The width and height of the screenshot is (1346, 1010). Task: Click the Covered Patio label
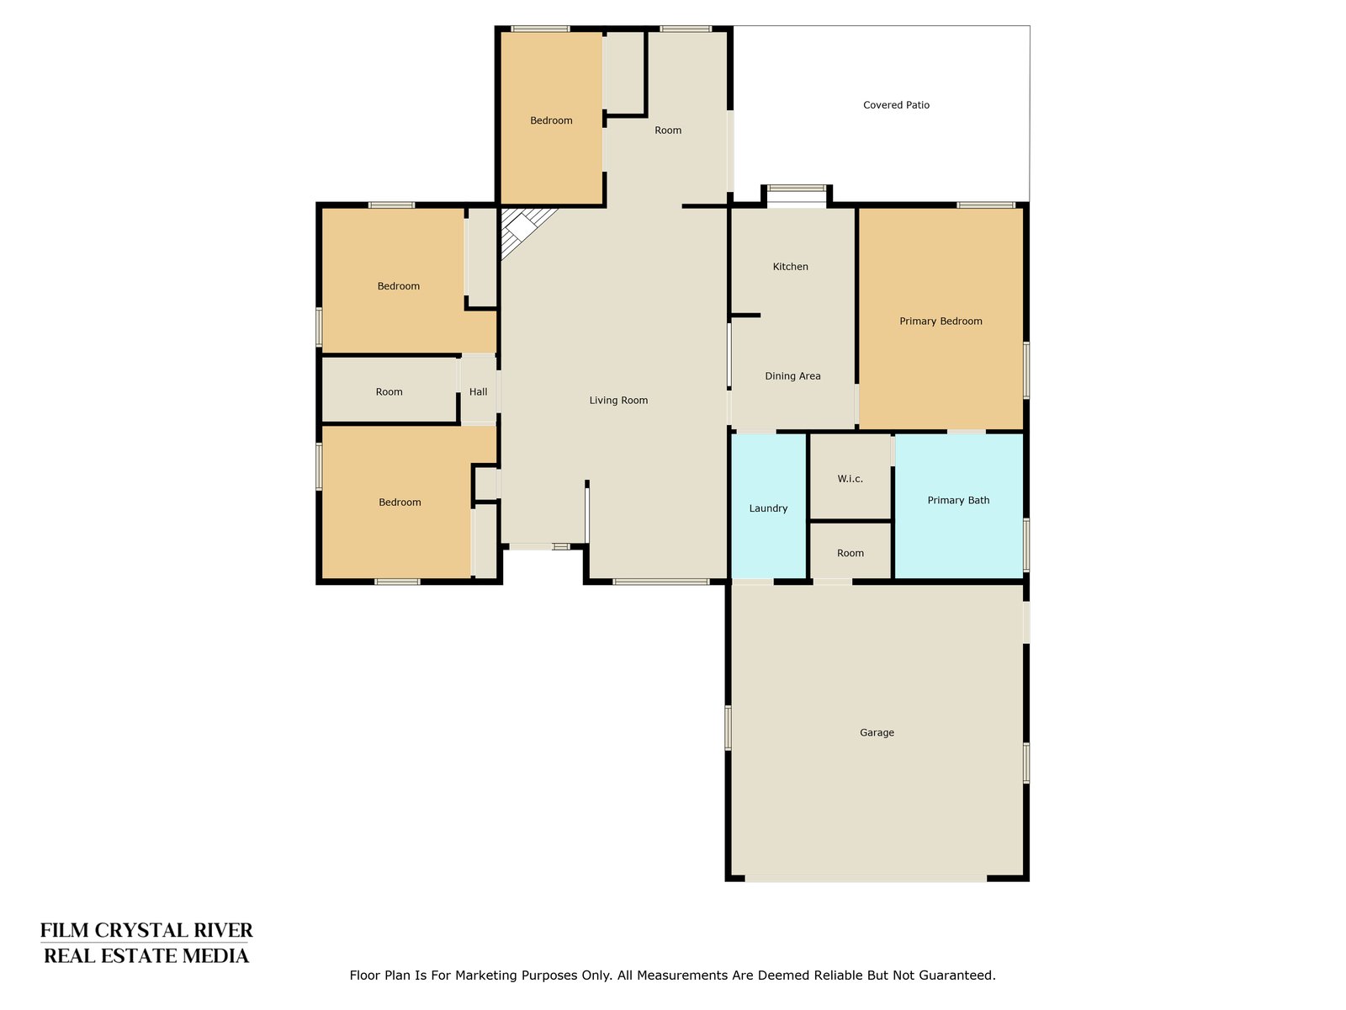pos(896,105)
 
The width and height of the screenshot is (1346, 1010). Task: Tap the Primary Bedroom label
pos(941,321)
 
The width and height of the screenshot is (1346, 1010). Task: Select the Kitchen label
pos(791,266)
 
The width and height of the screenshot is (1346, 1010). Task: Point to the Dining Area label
pos(792,376)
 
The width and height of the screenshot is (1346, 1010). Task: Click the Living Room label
pos(618,400)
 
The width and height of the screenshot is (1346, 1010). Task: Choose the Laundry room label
pos(768,508)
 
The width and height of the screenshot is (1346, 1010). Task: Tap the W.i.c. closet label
pos(850,478)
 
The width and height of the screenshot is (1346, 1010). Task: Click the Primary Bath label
pos(958,500)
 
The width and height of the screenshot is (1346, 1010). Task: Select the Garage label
pos(877,732)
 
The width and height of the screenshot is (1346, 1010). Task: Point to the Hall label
pos(478,391)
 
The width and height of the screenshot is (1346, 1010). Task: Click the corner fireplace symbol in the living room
pos(522,228)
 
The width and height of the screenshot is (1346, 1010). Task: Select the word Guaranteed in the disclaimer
pos(961,975)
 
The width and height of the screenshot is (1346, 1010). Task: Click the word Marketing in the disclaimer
pos(484,975)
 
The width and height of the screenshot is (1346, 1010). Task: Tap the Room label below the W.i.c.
pos(850,552)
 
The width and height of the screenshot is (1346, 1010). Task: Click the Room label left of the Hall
pos(389,391)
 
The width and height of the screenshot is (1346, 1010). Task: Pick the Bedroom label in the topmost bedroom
pos(551,120)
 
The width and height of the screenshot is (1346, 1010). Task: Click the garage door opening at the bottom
pos(866,878)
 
